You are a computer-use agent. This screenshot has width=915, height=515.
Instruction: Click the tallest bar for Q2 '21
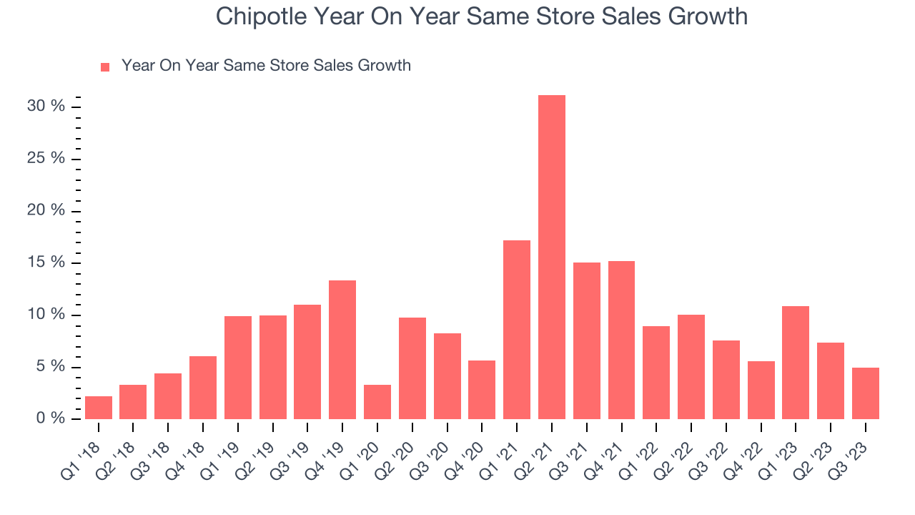tap(551, 257)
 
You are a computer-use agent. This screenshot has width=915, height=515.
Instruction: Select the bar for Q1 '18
tap(99, 408)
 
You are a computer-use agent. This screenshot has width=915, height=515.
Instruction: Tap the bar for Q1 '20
tap(377, 402)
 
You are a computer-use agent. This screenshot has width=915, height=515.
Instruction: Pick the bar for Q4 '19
tap(342, 350)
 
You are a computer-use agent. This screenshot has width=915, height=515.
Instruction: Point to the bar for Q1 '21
tap(517, 330)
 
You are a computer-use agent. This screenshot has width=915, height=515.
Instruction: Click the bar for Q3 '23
tap(866, 393)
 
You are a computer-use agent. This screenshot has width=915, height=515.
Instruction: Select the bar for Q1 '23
tap(796, 363)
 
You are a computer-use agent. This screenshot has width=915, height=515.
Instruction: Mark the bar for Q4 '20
tap(482, 390)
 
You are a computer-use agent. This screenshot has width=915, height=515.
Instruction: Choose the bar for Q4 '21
tap(621, 340)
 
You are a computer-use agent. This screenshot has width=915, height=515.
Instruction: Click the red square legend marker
tap(105, 67)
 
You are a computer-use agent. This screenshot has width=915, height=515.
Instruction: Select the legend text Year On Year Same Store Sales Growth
tap(266, 66)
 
